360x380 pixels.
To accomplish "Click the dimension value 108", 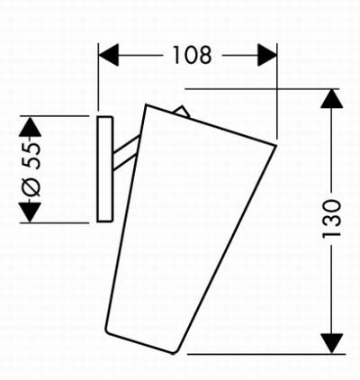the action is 193,55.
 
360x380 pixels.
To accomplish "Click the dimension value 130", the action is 331,219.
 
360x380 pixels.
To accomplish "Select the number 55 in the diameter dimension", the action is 31,156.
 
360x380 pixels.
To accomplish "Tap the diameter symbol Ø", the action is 31,185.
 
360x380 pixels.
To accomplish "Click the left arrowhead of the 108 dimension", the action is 108,55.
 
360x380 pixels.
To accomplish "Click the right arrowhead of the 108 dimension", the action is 267,55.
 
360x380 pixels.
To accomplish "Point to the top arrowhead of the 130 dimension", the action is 331,98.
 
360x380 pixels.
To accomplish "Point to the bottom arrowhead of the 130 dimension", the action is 331,344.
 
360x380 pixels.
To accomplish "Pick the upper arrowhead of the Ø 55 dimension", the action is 30,127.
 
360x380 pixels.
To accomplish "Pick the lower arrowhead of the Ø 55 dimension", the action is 30,213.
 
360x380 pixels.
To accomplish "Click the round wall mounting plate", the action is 104,169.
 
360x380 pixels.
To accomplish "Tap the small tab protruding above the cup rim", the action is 181,112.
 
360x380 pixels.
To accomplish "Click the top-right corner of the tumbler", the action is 275,146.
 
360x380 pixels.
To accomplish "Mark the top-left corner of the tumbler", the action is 146,104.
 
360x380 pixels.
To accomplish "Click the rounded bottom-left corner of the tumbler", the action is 107,330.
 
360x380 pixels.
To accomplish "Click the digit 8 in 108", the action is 206,55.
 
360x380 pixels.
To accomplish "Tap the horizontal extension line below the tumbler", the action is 266,354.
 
